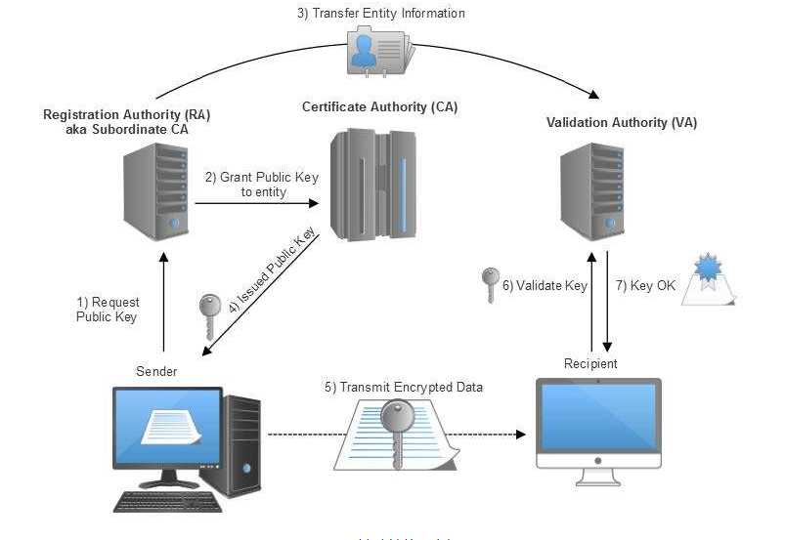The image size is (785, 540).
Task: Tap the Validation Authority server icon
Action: pyautogui.click(x=593, y=192)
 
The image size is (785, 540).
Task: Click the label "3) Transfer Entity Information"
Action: pyautogui.click(x=381, y=14)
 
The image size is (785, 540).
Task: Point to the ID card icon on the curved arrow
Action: pyautogui.click(x=380, y=53)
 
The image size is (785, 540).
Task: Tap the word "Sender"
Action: pyautogui.click(x=157, y=372)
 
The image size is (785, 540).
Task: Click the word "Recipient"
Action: pyautogui.click(x=591, y=363)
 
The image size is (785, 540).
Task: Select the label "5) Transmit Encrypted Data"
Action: pyautogui.click(x=404, y=387)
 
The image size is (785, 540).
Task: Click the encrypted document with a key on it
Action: pyautogui.click(x=391, y=434)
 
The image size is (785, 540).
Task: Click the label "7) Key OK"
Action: pyautogui.click(x=645, y=286)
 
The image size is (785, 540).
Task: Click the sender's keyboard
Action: pyautogui.click(x=167, y=501)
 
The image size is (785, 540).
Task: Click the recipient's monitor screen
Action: pyautogui.click(x=598, y=414)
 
